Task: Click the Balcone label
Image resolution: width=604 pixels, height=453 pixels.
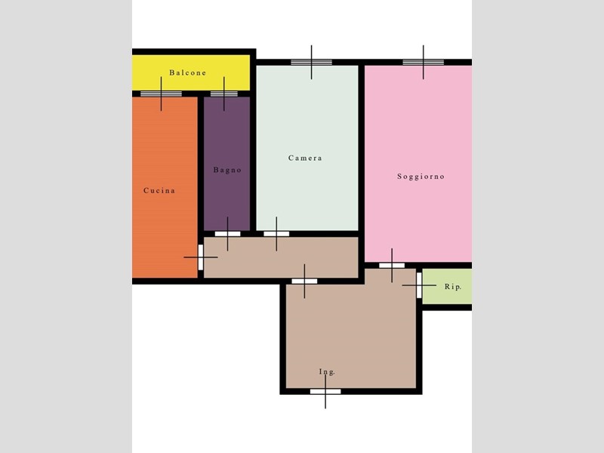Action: [187, 72]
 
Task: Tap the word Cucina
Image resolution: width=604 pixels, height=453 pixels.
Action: [159, 190]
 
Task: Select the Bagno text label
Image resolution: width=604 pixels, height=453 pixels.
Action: [227, 170]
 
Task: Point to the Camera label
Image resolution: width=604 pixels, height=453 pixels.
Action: [305, 158]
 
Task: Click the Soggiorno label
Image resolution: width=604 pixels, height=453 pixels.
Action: [421, 177]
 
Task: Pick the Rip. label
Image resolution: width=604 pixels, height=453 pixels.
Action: [453, 287]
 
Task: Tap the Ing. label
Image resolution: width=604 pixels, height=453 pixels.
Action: [327, 371]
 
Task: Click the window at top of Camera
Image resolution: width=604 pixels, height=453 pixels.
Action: [311, 62]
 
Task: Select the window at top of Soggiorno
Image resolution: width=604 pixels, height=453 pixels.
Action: [423, 62]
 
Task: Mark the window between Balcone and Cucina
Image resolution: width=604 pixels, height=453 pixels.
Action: [161, 94]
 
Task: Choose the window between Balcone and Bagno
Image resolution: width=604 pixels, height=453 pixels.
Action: [224, 94]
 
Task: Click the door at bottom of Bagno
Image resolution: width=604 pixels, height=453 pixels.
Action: [227, 233]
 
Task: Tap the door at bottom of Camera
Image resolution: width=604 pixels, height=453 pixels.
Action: [276, 233]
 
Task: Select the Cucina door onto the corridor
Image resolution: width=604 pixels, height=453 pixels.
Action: [201, 257]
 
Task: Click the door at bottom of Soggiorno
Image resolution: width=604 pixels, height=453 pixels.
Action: [392, 265]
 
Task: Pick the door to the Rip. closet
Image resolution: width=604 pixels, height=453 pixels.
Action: [419, 285]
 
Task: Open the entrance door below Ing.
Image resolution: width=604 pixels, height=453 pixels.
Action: [325, 391]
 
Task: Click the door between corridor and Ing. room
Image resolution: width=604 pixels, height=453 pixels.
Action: [304, 281]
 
